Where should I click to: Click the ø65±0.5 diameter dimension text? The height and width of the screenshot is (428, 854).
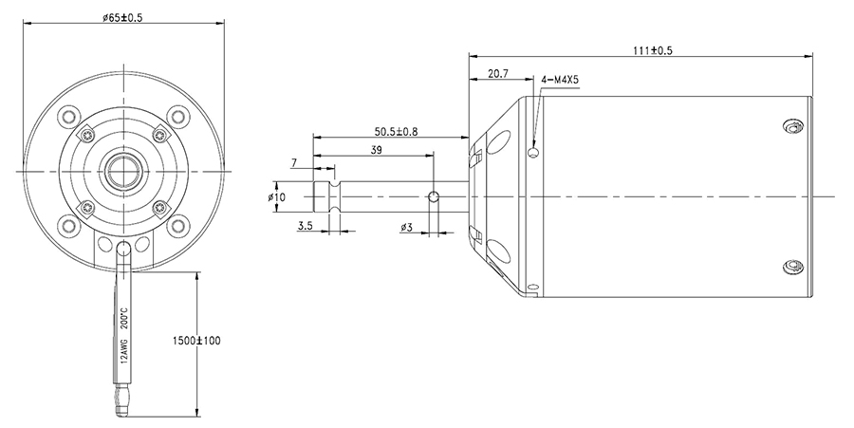click(122, 17)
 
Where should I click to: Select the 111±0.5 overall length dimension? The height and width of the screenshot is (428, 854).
click(653, 50)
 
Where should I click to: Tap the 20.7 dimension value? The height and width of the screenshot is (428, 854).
click(498, 73)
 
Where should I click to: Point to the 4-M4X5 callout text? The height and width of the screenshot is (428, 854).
click(559, 80)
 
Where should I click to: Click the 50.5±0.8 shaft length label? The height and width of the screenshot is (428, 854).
click(396, 131)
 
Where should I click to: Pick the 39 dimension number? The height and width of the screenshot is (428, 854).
click(377, 150)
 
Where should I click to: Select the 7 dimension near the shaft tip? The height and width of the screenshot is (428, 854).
click(295, 162)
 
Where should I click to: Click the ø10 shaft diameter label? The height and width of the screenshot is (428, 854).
click(277, 196)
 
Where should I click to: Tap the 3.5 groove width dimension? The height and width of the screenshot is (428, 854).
click(305, 226)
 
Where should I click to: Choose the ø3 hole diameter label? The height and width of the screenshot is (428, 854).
click(406, 227)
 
